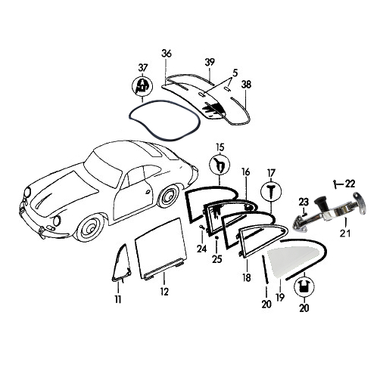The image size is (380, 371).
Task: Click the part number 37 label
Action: (143, 68)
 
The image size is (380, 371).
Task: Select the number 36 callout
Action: (167, 54)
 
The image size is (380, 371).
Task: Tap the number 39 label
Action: (210, 62)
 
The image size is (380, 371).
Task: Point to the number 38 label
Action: (246, 85)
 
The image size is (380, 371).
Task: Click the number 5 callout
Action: (235, 73)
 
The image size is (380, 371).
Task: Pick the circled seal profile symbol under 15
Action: (220, 165)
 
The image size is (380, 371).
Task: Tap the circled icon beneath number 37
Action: (142, 86)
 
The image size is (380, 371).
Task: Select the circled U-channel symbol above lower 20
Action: (304, 287)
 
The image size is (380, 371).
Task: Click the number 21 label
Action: (345, 233)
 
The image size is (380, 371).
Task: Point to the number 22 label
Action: (350, 184)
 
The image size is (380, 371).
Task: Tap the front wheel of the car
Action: (90, 227)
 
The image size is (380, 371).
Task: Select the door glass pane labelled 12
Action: (160, 249)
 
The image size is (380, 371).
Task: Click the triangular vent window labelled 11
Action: (121, 262)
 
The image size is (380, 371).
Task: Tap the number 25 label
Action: (217, 259)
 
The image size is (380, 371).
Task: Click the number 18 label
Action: (247, 277)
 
